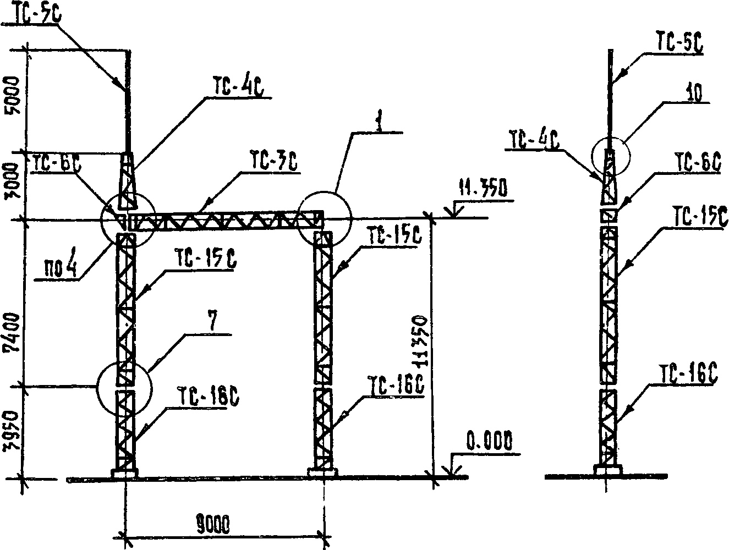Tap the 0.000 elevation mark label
tap(489, 442)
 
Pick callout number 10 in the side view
tap(695, 94)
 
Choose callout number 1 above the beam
tap(378, 122)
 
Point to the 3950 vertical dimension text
tap(13, 432)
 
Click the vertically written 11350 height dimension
tap(419, 344)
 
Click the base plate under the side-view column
tap(607, 470)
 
